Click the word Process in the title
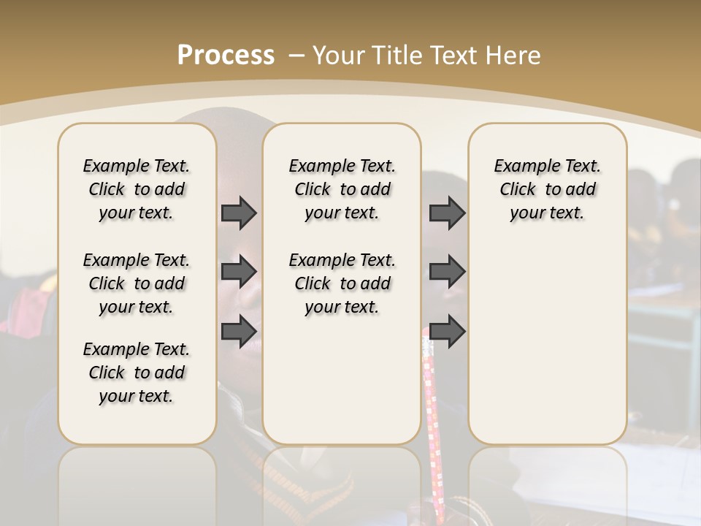pos(226,55)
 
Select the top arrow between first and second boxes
pos(239,213)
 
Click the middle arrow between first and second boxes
pos(239,272)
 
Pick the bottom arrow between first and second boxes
pos(239,332)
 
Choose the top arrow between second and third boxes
pos(447,213)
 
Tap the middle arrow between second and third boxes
pos(447,272)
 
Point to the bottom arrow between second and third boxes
pos(447,332)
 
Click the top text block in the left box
pos(137,189)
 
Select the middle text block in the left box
pos(137,283)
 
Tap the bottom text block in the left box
pos(137,373)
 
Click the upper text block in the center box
pos(342,189)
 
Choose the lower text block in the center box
pos(342,283)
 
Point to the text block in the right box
pos(548,189)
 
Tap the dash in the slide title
pos(296,55)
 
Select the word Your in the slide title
pos(339,55)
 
